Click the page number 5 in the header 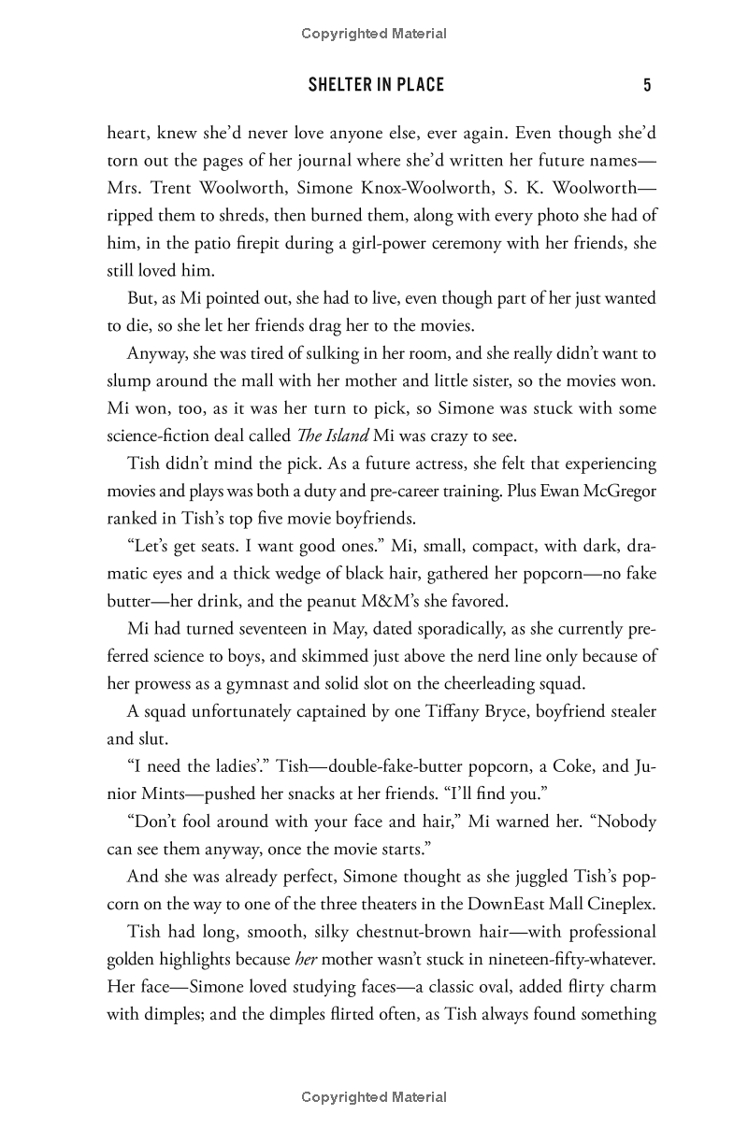[646, 86]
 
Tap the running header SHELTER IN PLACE [376, 86]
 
